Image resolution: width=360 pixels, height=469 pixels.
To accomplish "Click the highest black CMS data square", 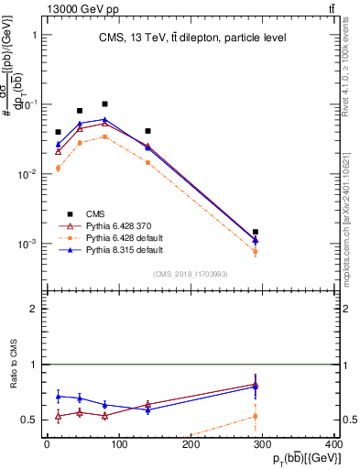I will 104,104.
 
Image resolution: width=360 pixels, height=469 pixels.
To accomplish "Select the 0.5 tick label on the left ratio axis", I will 29,420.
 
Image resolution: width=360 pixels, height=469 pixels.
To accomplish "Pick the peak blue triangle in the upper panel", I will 104,120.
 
